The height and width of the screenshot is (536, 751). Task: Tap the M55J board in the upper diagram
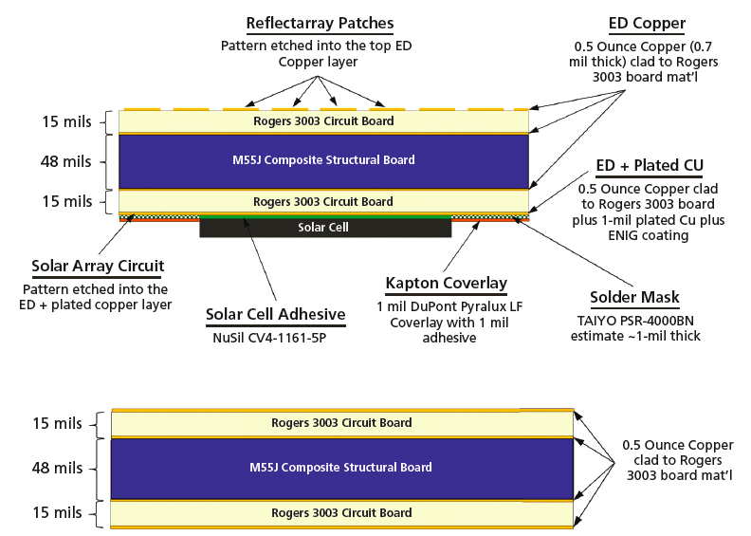point(322,160)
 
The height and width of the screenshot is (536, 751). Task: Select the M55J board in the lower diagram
point(340,467)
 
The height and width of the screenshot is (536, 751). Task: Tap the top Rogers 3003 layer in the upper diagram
point(322,121)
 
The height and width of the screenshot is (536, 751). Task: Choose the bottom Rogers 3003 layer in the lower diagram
point(340,513)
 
